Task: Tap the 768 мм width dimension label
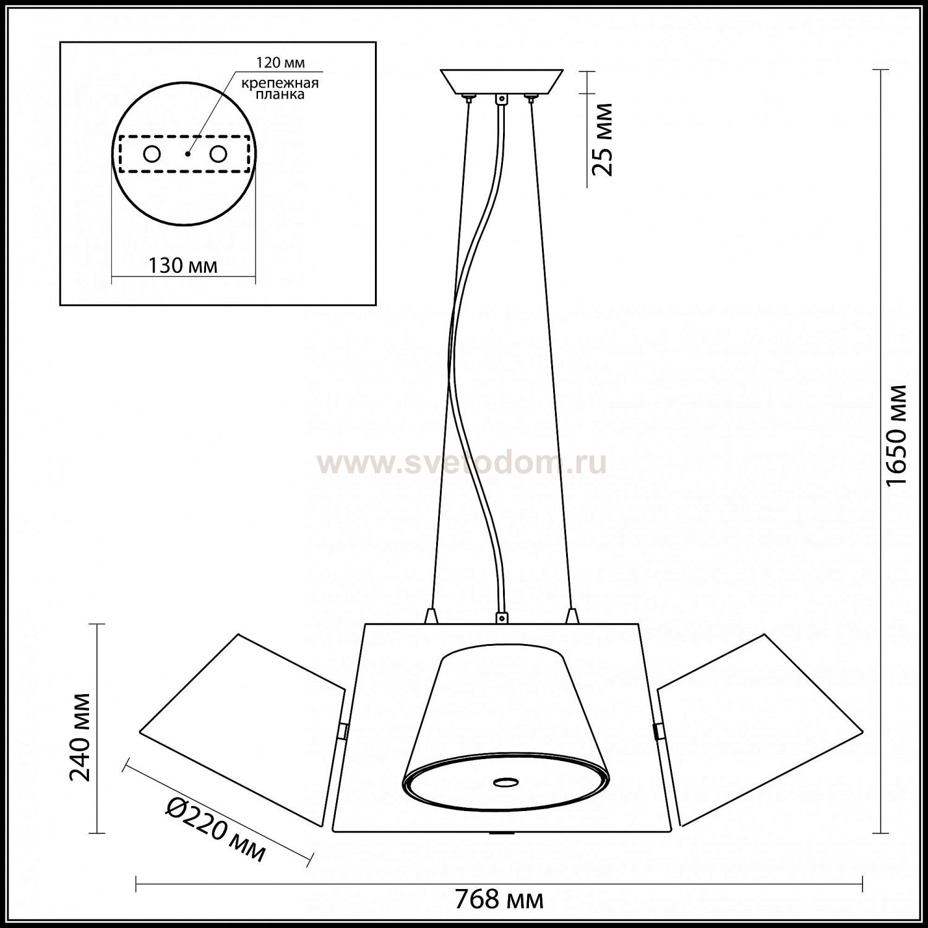pyautogui.click(x=499, y=898)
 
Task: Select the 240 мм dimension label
pyautogui.click(x=80, y=737)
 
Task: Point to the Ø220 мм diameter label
pyautogui.click(x=217, y=828)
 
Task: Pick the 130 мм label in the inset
pyautogui.click(x=183, y=265)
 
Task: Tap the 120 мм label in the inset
pyautogui.click(x=281, y=63)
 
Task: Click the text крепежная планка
pyautogui.click(x=280, y=88)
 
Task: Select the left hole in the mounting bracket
pyautogui.click(x=152, y=154)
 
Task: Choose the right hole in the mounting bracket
pyautogui.click(x=217, y=154)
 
